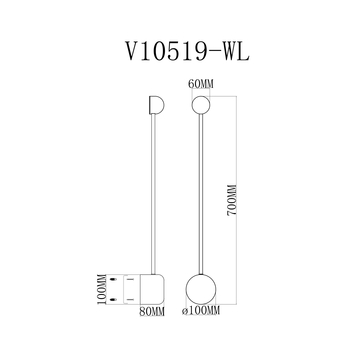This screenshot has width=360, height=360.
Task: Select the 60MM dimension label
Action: coord(200,85)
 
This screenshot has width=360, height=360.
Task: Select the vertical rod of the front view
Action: coord(200,190)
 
